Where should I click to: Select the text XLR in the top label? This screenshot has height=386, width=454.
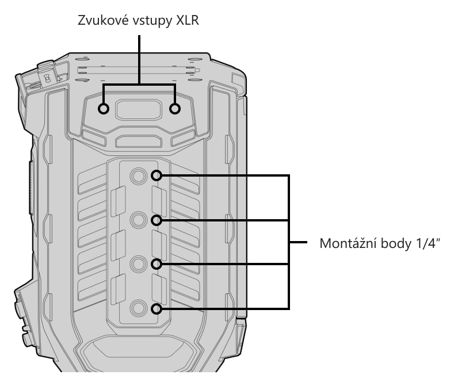pos(188,20)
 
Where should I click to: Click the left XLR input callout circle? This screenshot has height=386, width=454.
pos(104,109)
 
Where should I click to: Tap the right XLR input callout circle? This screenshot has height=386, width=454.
pos(174,109)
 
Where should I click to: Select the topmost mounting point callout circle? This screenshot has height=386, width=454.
pos(157,175)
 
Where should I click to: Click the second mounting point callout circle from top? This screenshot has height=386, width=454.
pos(157,221)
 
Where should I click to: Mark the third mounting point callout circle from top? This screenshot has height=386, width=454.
pos(157,264)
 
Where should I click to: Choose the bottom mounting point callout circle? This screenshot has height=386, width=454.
pos(157,309)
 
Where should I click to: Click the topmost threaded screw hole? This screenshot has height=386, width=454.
pos(138,175)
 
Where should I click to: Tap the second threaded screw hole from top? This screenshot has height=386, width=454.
pos(138,221)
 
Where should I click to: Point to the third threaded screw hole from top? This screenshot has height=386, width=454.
pos(138,264)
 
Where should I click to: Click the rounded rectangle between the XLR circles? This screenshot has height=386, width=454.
pos(139,109)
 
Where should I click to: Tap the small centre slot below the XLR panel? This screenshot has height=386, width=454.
pos(139,142)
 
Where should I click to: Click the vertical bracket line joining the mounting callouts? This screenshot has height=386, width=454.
pos(288,242)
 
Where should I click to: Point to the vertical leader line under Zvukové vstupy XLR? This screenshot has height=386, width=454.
pos(139,60)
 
